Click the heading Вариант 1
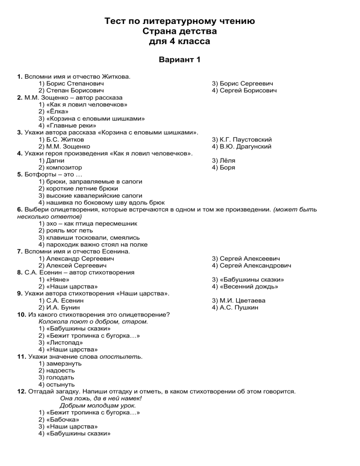point(180,60)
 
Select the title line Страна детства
point(180,31)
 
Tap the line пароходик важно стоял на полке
point(93,244)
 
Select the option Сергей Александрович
point(251,265)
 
